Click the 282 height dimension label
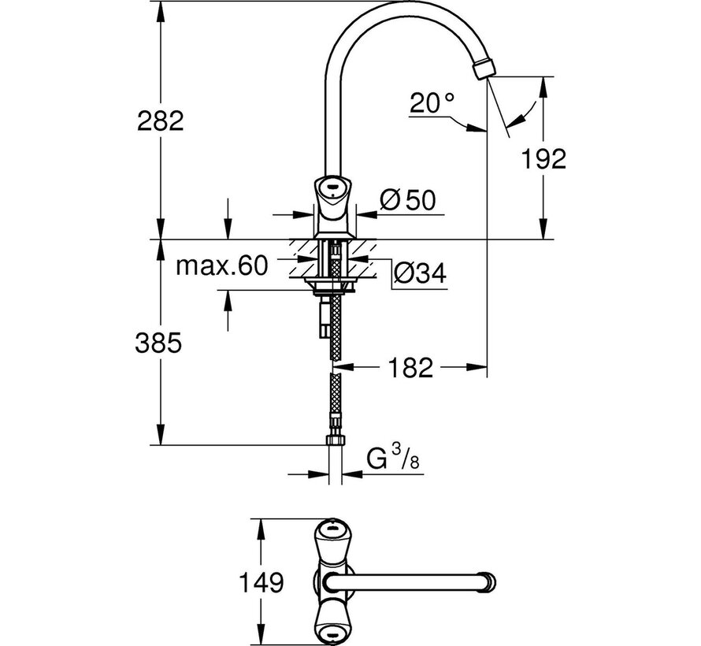click(x=161, y=121)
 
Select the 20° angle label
click(x=432, y=102)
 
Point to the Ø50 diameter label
click(x=406, y=202)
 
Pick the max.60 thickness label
click(x=222, y=265)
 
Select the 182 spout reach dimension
click(x=410, y=367)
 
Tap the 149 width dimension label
click(x=261, y=584)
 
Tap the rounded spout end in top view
click(x=491, y=583)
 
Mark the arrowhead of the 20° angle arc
click(x=473, y=127)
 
